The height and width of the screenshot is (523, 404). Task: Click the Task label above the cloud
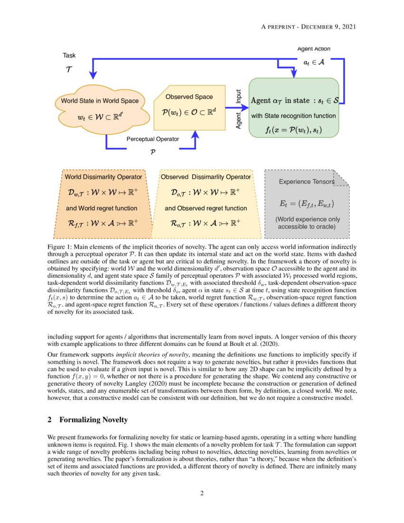click(x=69, y=56)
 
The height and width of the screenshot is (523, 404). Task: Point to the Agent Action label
click(x=314, y=49)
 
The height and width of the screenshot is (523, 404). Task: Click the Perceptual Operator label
click(x=153, y=139)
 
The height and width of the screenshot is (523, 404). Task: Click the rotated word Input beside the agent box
click(x=239, y=97)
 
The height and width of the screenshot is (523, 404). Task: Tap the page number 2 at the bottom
click(x=202, y=493)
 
